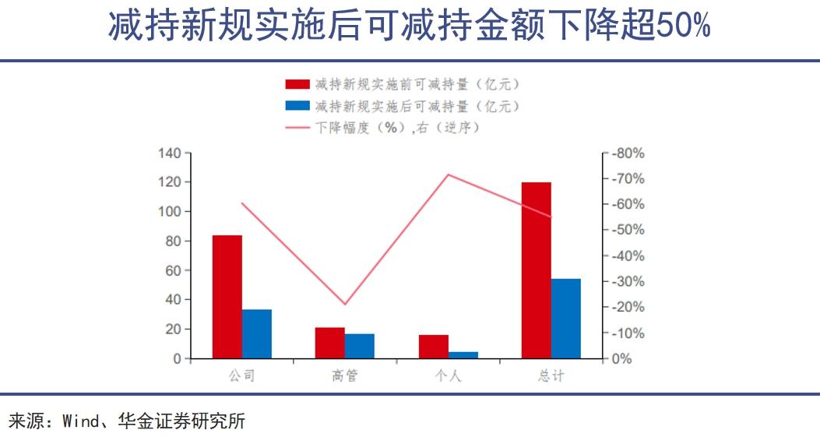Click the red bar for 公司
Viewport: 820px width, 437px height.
pyautogui.click(x=227, y=297)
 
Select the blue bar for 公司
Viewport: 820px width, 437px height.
pyautogui.click(x=257, y=334)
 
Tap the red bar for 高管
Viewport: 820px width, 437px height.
pyautogui.click(x=330, y=344)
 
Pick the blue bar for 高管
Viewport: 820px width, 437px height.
pyautogui.click(x=360, y=347)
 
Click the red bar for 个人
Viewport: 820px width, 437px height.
pyautogui.click(x=434, y=347)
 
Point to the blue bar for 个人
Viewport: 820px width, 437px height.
pyautogui.click(x=463, y=355)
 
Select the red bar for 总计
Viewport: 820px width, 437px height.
pyautogui.click(x=537, y=270)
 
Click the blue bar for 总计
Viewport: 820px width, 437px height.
pyautogui.click(x=566, y=319)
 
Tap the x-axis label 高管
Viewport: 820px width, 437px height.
pyautogui.click(x=344, y=376)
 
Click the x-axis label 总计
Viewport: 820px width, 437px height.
pyautogui.click(x=551, y=376)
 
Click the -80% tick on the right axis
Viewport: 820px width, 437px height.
pyautogui.click(x=628, y=153)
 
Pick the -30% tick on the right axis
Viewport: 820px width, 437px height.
pyautogui.click(x=628, y=282)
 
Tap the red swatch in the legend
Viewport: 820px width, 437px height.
pyautogui.click(x=297, y=84)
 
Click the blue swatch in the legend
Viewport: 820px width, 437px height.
pyautogui.click(x=297, y=106)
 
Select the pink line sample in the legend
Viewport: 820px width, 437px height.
pyautogui.click(x=297, y=128)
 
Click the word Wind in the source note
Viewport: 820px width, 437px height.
pyautogui.click(x=80, y=422)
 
